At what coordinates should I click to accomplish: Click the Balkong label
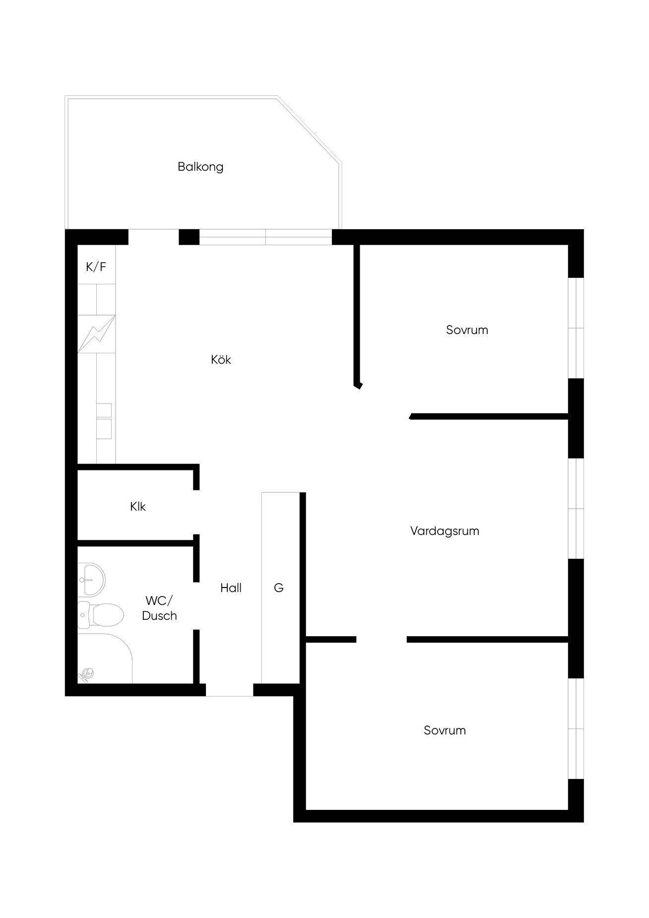(x=200, y=167)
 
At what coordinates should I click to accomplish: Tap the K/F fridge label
(x=96, y=267)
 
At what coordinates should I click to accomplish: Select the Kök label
(x=221, y=359)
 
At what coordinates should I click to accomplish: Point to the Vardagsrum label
(x=445, y=531)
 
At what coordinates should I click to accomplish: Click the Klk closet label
(x=138, y=507)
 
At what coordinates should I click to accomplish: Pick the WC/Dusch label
(x=159, y=608)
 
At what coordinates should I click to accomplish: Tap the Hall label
(x=231, y=588)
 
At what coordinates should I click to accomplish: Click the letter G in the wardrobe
(x=279, y=588)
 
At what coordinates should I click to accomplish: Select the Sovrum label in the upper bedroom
(x=467, y=330)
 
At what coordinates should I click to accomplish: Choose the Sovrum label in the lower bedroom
(x=445, y=730)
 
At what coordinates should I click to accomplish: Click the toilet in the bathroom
(x=100, y=615)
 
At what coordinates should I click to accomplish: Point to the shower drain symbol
(x=87, y=674)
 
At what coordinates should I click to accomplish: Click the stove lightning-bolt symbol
(x=96, y=334)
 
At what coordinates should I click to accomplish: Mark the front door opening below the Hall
(x=230, y=690)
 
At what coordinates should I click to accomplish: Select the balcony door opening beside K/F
(x=154, y=237)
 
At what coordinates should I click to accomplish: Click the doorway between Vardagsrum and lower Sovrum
(x=382, y=640)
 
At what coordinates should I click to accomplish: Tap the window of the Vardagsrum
(x=576, y=509)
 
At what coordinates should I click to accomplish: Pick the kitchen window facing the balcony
(x=265, y=237)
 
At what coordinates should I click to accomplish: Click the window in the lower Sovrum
(x=576, y=729)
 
